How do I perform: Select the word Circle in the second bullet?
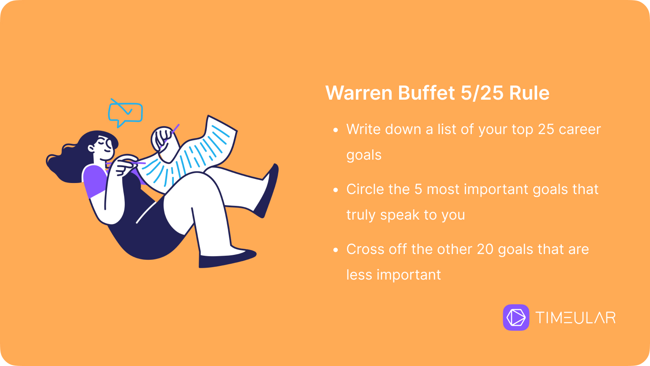(365, 189)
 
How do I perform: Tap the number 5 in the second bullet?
(418, 189)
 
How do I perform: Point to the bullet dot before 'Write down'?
(336, 130)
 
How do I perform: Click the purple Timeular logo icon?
(516, 317)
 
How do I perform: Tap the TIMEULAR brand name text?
(575, 317)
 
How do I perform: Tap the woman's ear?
(91, 148)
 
